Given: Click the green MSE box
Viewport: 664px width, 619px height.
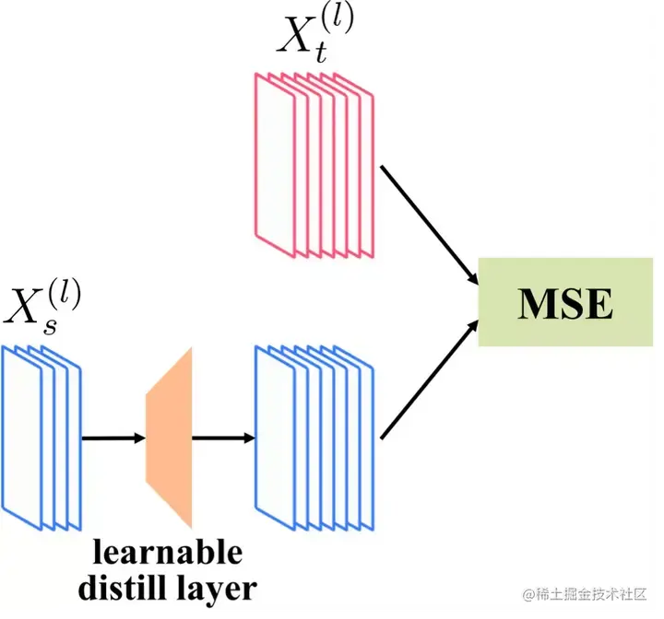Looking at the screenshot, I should point(565,302).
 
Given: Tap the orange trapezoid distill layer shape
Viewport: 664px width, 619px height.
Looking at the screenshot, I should point(169,437).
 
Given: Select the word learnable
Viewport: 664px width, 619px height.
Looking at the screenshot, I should point(167,552).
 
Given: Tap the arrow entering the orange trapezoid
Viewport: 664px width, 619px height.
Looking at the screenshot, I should point(113,438).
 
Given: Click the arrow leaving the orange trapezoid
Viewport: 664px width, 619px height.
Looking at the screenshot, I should point(222,438).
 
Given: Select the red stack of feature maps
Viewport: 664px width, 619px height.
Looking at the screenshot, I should point(314,166).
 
